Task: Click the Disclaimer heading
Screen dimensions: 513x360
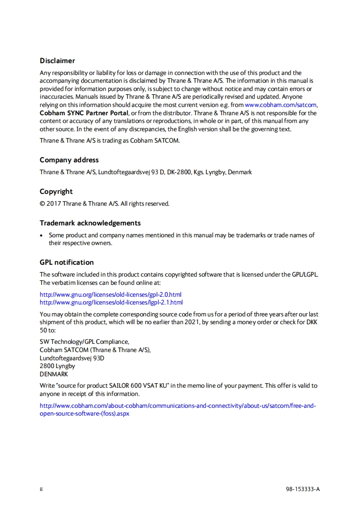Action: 57,61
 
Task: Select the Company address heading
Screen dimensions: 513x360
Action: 69,160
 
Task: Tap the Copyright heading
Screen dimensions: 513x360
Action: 56,192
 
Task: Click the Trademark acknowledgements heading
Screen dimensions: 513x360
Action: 90,223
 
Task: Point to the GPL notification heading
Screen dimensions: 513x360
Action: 67,262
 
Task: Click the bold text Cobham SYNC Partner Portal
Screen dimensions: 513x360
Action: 84,113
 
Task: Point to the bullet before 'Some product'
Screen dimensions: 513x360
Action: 42,235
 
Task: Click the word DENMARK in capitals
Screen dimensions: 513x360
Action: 54,374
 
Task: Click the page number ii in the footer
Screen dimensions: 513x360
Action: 41,489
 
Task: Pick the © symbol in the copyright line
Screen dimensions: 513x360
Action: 42,203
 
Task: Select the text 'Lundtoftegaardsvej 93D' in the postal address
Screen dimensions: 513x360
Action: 72,358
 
